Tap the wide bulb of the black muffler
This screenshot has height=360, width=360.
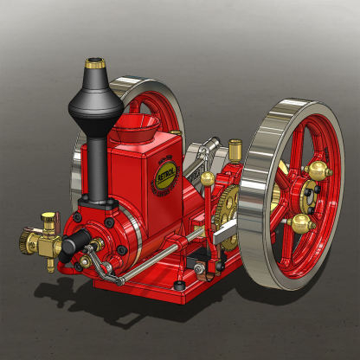94,103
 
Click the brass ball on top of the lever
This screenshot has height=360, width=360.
208,179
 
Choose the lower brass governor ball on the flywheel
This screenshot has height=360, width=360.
302,224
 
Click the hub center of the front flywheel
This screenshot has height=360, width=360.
309,198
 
